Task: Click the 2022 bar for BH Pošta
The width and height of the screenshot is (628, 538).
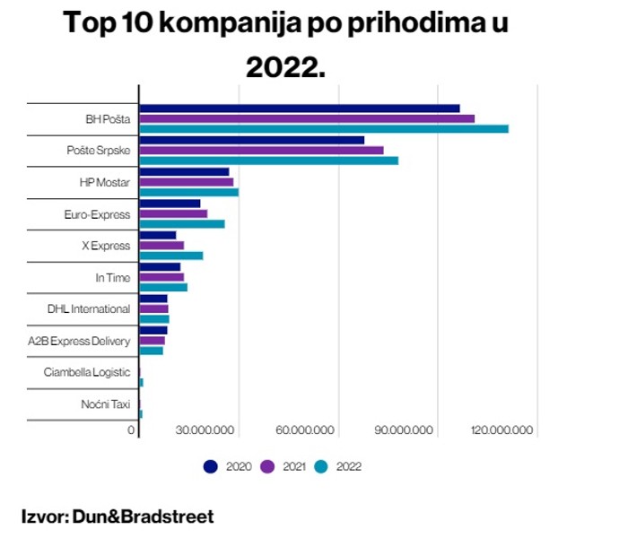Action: coord(323,129)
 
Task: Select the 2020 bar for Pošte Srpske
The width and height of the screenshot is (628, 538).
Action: coord(251,140)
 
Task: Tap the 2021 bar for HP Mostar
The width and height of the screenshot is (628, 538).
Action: coord(186,182)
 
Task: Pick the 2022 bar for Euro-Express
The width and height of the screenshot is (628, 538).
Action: coord(181,224)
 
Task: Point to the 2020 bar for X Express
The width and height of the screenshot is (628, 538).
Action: coord(157,235)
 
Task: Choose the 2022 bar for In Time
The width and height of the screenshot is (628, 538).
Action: coord(162,288)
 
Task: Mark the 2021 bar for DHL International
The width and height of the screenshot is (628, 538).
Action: coord(153,308)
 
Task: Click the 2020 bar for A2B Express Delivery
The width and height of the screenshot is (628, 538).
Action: coord(153,330)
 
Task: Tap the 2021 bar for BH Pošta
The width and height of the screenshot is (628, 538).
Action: coord(306,118)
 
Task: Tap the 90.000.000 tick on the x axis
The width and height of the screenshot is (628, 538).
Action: coord(406,430)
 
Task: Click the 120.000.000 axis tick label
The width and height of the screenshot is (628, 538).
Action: coord(502,430)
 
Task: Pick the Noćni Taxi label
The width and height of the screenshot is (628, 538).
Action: coord(105,403)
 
